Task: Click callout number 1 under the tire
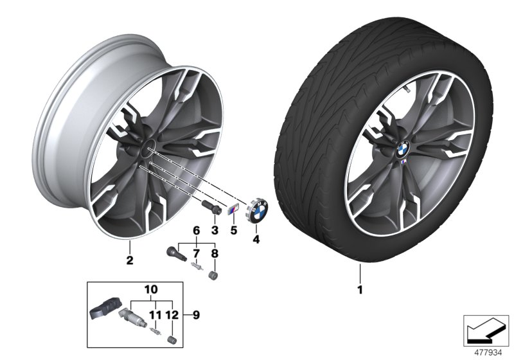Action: click(x=360, y=291)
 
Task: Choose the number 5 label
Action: click(x=235, y=230)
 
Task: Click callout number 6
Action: click(x=197, y=230)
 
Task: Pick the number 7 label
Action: click(x=197, y=253)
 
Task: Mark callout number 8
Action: click(x=215, y=253)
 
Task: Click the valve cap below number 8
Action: click(x=215, y=278)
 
